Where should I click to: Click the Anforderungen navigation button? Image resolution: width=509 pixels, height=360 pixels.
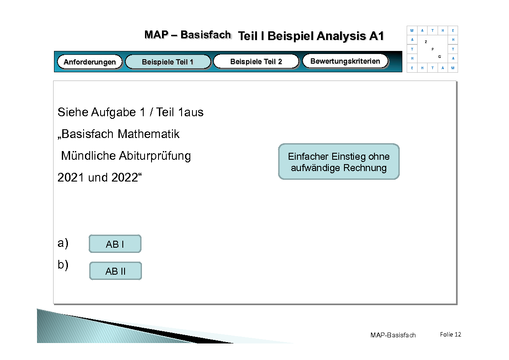click(90, 62)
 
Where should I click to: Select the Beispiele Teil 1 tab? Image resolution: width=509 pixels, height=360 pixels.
click(168, 62)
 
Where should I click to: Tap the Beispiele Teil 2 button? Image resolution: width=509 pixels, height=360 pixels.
click(256, 61)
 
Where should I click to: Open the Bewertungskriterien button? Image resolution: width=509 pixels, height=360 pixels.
click(345, 61)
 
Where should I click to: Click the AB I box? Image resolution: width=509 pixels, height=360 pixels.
click(115, 244)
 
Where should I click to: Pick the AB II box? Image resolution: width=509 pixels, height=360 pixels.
click(115, 271)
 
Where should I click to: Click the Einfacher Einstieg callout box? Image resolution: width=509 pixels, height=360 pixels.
click(339, 162)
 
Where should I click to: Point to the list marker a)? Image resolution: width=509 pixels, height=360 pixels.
click(63, 243)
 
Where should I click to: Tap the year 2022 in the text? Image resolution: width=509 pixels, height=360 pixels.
click(125, 178)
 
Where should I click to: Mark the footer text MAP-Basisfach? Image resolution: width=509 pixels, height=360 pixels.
click(393, 335)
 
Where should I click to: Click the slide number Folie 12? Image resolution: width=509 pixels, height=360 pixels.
click(450, 334)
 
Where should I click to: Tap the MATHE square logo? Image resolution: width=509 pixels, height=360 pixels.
click(432, 49)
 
